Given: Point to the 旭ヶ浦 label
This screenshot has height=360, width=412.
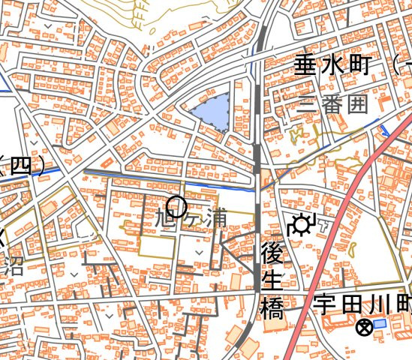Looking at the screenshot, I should pos(190,219).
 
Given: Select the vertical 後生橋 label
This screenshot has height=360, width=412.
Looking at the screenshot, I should pos(270,280).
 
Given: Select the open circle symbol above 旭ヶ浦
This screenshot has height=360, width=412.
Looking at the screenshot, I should pos(176,205).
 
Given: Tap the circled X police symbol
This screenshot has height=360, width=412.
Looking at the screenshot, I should pos(364,327).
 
